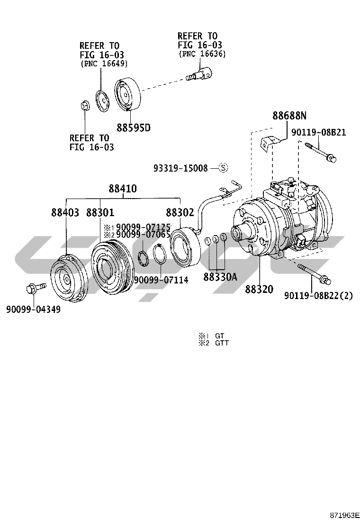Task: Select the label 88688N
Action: [289, 115]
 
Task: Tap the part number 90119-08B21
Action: [318, 132]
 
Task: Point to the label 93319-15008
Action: [180, 168]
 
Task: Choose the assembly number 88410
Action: [122, 189]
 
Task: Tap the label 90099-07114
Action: [161, 280]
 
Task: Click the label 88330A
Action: [220, 277]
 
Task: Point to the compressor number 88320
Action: [259, 289]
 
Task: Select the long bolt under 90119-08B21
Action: [321, 152]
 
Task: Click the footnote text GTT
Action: [222, 343]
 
